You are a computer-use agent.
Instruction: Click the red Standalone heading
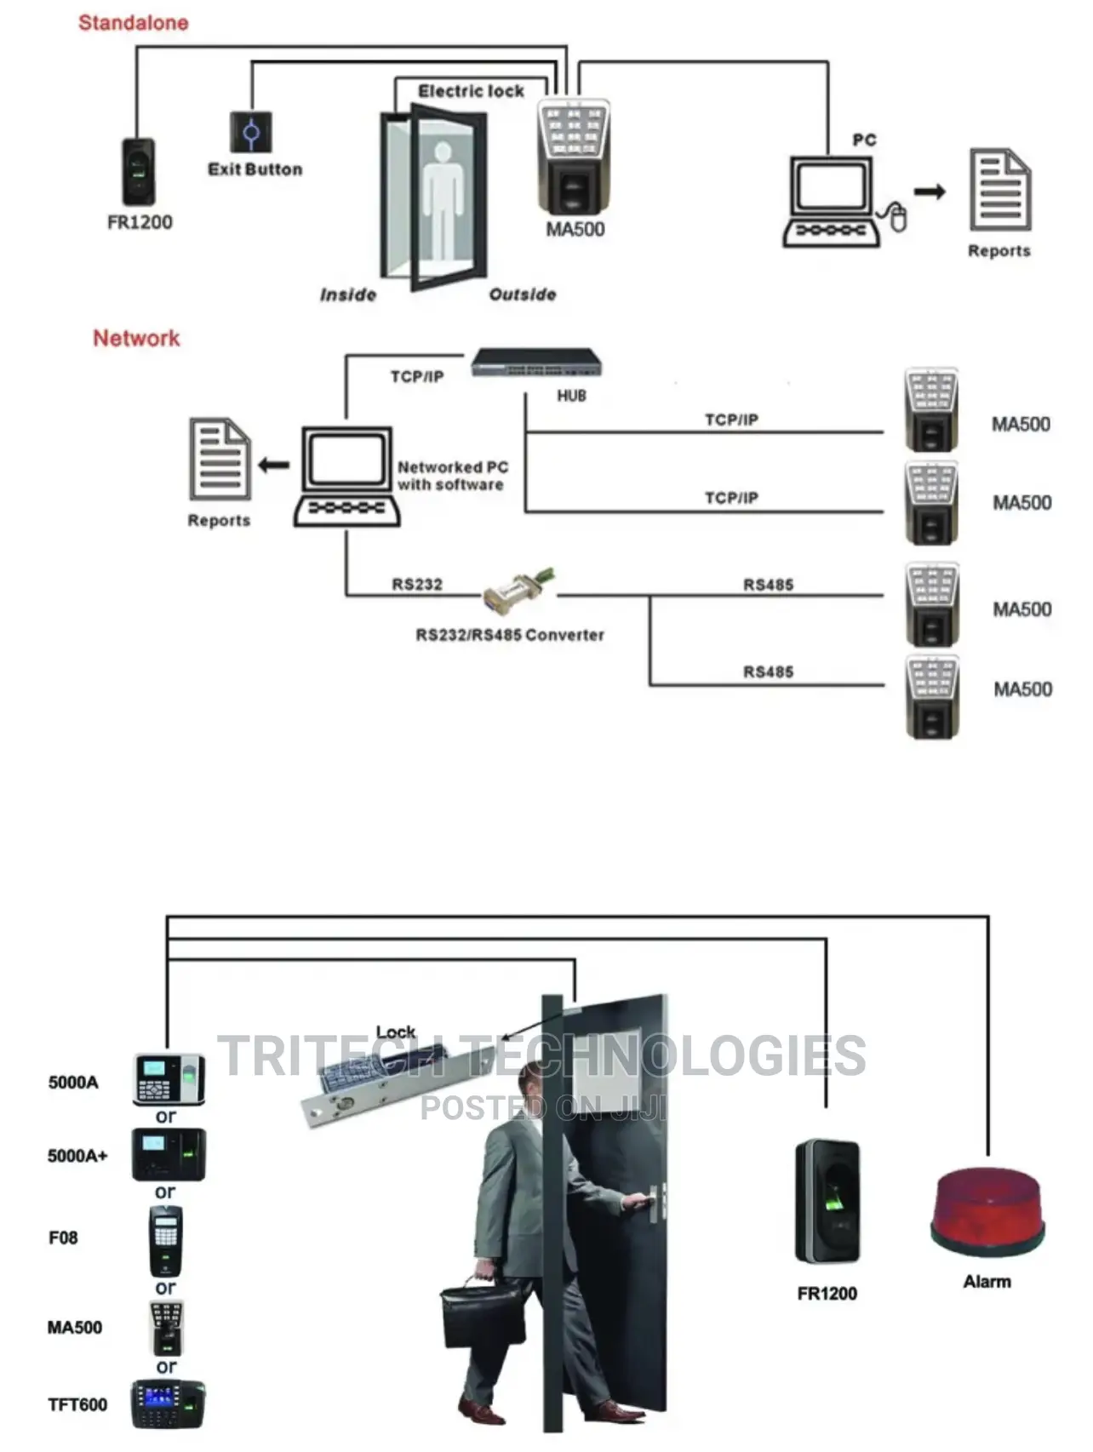coord(133,23)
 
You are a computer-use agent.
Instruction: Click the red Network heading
coord(136,338)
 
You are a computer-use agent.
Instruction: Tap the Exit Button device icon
coord(251,133)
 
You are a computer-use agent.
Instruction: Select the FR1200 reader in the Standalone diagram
coord(138,171)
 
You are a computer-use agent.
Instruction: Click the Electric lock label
coord(471,91)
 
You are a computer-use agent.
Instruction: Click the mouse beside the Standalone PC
coord(897,217)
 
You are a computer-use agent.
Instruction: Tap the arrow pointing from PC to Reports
coord(930,192)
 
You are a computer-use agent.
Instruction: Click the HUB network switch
coord(536,363)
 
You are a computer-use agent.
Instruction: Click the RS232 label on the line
coord(417,584)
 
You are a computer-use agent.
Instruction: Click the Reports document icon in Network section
coord(220,459)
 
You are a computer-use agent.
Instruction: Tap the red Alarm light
coord(987,1212)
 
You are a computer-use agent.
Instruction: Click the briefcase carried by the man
coord(482,1314)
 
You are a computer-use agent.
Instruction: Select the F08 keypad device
coord(166,1240)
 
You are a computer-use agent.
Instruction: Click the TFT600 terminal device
coord(168,1403)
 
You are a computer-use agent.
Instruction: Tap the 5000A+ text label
coord(77,1156)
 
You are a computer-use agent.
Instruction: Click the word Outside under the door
coord(522,294)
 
